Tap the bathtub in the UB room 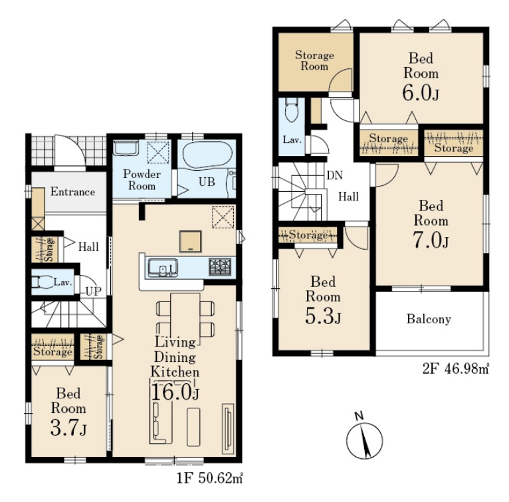[x=207, y=155]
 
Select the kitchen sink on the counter [x=163, y=268]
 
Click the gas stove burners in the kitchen [x=220, y=266]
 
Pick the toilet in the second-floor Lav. [x=291, y=110]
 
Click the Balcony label [x=429, y=319]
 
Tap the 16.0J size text [x=175, y=392]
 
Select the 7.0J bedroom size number [x=431, y=240]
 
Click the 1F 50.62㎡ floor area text [x=210, y=478]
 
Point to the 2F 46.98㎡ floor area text [x=456, y=369]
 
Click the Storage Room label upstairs [x=314, y=60]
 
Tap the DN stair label [x=335, y=175]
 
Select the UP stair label [x=94, y=292]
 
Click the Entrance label [x=72, y=192]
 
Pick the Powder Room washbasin [x=126, y=148]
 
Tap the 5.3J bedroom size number [x=323, y=317]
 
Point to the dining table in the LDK [x=185, y=319]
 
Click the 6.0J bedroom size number [x=421, y=93]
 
